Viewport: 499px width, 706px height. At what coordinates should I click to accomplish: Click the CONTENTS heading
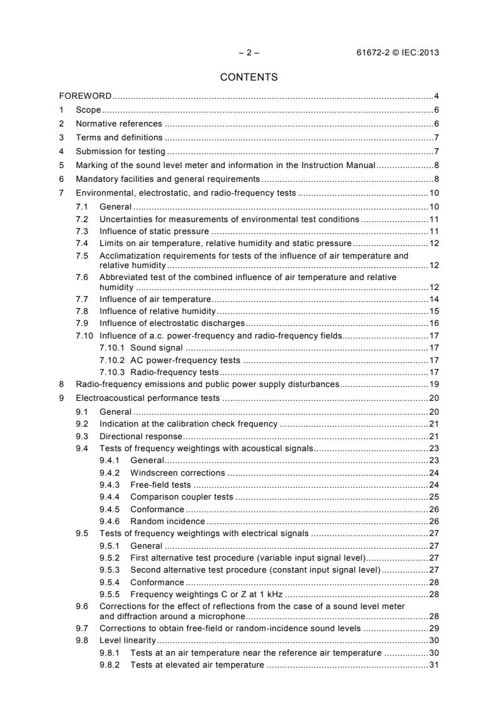tap(249, 77)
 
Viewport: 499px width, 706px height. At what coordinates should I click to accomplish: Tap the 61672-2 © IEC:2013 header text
tap(398, 53)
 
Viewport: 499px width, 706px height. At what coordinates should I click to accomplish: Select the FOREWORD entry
tap(85, 96)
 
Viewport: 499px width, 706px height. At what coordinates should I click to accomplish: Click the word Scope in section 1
tap(88, 110)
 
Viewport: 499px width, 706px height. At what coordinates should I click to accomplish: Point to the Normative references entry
tap(119, 124)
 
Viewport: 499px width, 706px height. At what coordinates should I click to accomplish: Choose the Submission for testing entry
tap(121, 152)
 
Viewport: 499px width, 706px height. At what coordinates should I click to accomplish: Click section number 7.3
tap(82, 232)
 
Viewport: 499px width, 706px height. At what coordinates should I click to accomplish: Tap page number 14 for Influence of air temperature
tap(434, 298)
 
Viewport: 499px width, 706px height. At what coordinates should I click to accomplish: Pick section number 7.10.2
tap(113, 361)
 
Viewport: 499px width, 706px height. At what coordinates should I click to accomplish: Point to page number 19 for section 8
tap(434, 384)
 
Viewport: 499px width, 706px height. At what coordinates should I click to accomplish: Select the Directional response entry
tap(140, 436)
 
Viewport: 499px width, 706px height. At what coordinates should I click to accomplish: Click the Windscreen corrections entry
tap(177, 473)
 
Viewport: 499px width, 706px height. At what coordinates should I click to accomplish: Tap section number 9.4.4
tap(110, 497)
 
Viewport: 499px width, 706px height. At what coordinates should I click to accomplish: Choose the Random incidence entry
tap(167, 521)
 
